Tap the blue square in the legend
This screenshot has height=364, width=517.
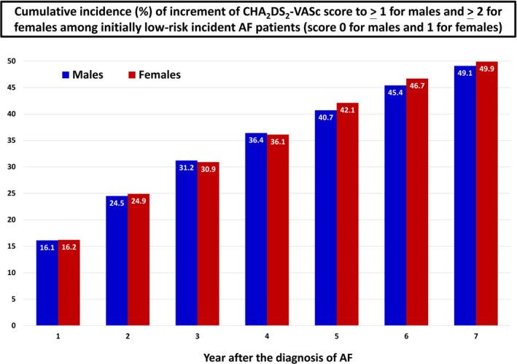[65, 74]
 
